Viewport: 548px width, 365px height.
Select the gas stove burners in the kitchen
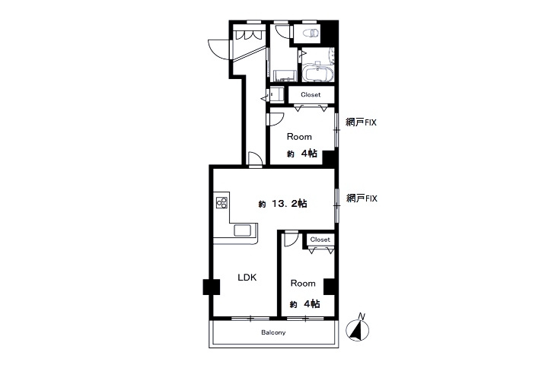pyautogui.click(x=221, y=202)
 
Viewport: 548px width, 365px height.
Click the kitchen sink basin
pyautogui.click(x=242, y=230)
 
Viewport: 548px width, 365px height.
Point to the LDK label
pyautogui.click(x=247, y=278)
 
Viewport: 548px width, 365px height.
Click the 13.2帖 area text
pyautogui.click(x=282, y=204)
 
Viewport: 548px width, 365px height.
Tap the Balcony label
pyautogui.click(x=273, y=332)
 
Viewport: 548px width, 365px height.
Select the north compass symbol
pyautogui.click(x=357, y=328)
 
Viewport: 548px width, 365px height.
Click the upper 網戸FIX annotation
pyautogui.click(x=361, y=122)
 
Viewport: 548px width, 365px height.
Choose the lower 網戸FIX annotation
pyautogui.click(x=362, y=198)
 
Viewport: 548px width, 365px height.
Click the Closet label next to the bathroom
pyautogui.click(x=311, y=94)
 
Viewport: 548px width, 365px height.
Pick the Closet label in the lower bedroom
pyautogui.click(x=320, y=240)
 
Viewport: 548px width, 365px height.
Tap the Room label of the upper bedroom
pyautogui.click(x=299, y=137)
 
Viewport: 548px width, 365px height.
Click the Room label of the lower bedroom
pyautogui.click(x=303, y=284)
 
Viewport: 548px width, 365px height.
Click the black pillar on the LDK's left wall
pyautogui.click(x=211, y=287)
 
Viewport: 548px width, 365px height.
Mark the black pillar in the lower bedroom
pyautogui.click(x=330, y=287)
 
